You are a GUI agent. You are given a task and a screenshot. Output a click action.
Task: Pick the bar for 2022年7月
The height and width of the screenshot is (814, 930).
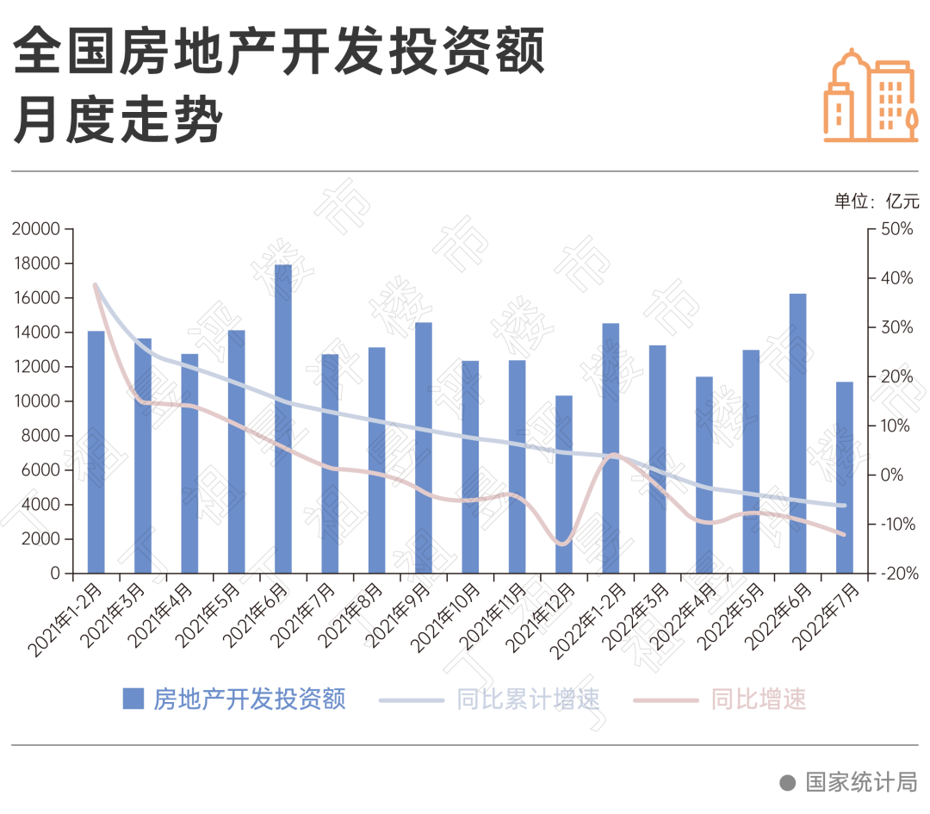click(845, 477)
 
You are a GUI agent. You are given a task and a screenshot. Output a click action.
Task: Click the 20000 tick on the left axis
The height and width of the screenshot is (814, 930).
click(36, 229)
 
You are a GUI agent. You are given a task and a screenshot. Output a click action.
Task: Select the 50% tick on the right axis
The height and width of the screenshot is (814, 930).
click(896, 229)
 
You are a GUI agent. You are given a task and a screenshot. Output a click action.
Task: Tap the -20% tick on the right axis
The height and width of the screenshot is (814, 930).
click(896, 574)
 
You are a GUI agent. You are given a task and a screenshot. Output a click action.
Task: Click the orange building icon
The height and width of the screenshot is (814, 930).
click(871, 95)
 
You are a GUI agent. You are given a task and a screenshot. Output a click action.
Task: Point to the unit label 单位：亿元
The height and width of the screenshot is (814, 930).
click(876, 202)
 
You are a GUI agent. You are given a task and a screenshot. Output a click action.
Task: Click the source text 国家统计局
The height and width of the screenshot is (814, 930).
click(861, 781)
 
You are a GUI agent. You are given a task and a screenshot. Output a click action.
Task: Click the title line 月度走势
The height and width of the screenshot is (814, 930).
click(118, 120)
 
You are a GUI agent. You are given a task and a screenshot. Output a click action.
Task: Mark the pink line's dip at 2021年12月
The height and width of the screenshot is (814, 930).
click(562, 544)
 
